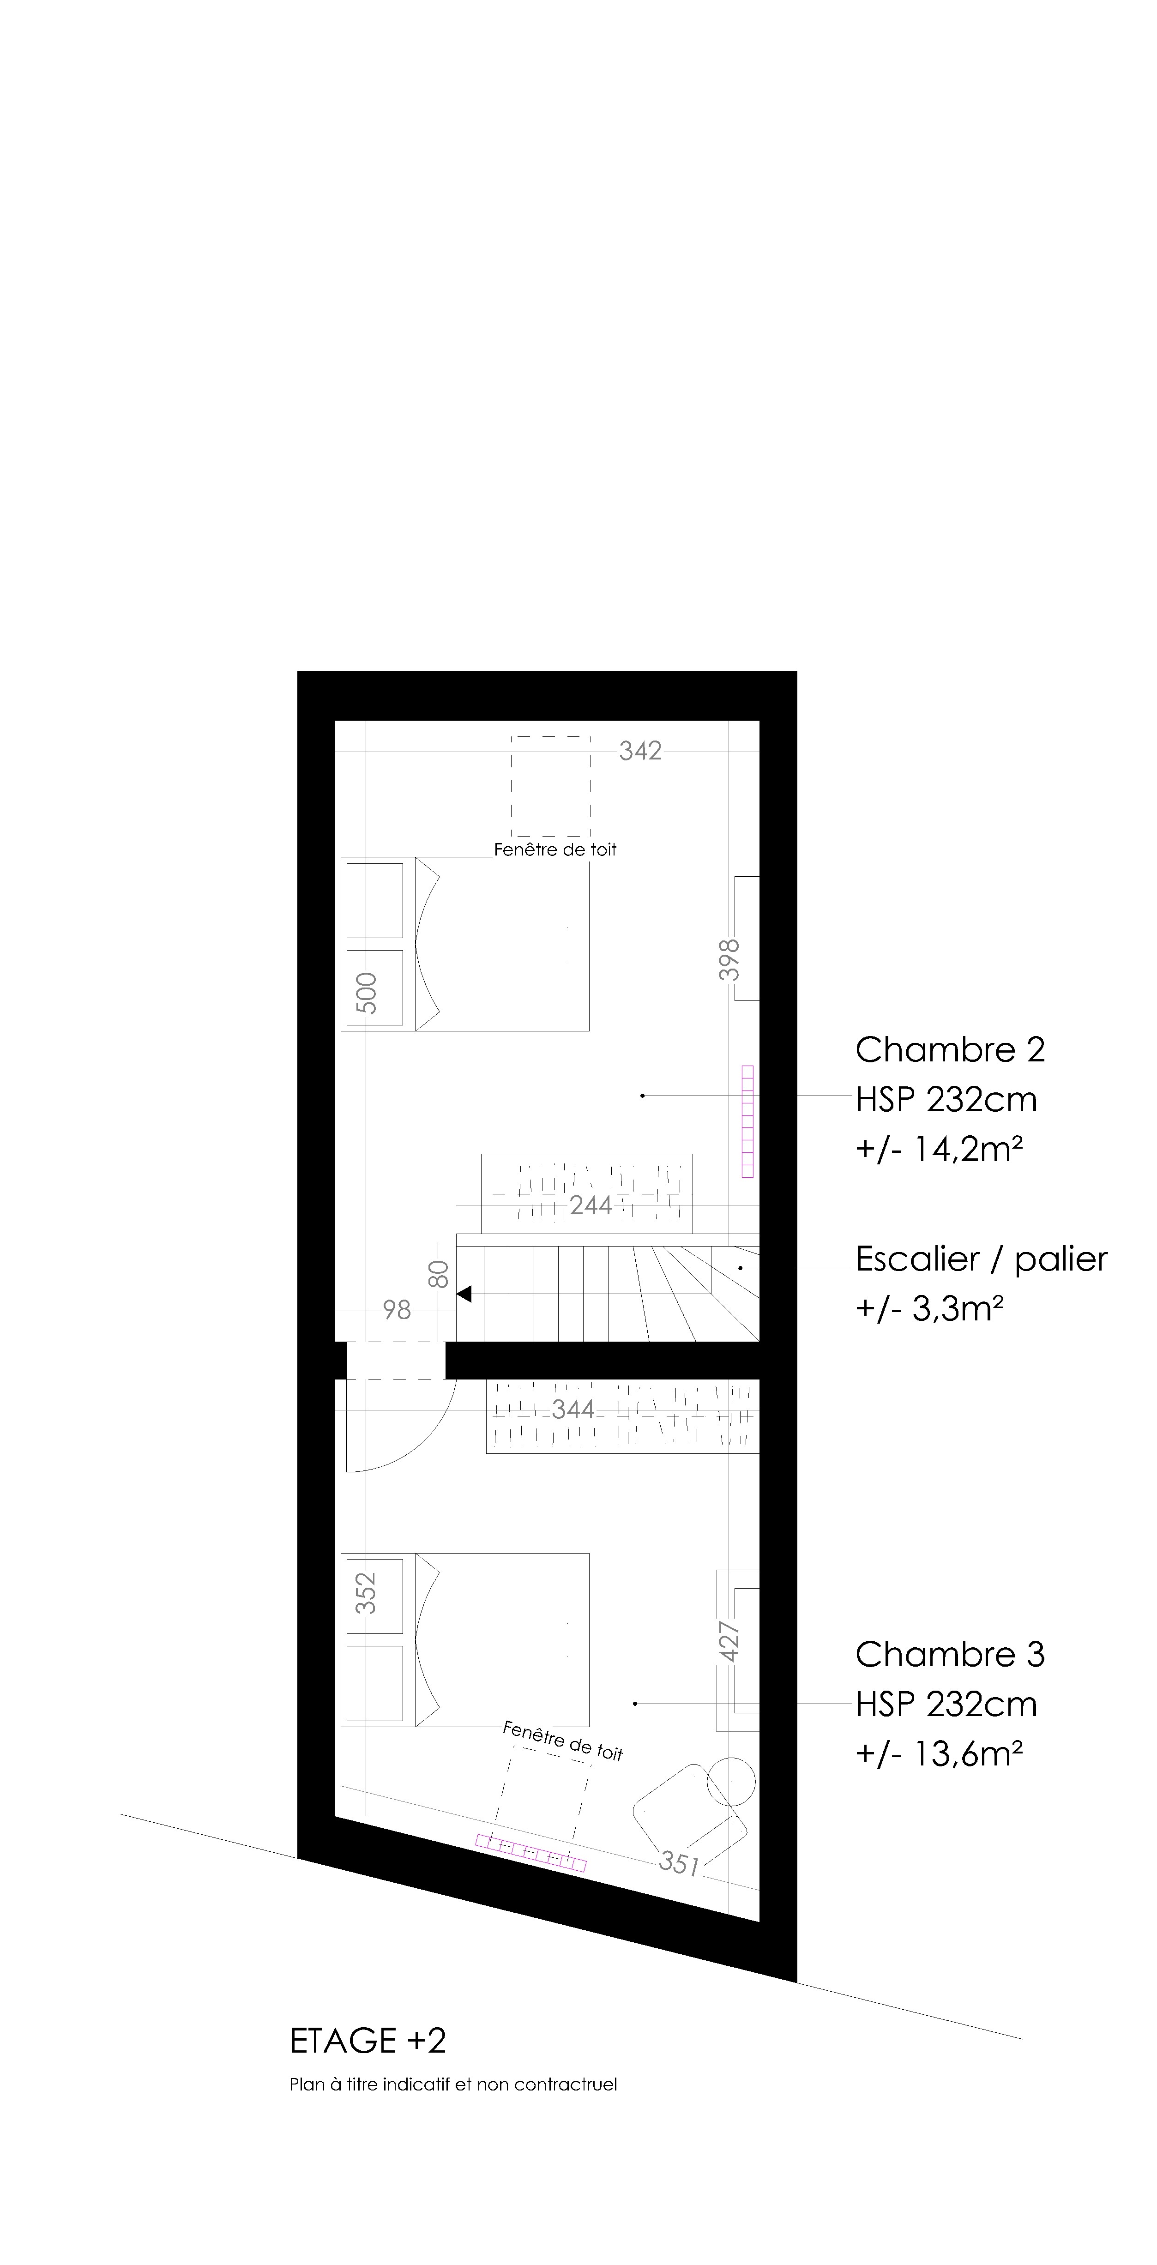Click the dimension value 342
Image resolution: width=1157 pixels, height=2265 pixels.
click(640, 751)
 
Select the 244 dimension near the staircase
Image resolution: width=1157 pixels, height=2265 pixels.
click(591, 1205)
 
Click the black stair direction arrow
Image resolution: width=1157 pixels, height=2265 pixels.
click(464, 1294)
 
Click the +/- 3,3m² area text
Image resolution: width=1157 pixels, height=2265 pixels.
click(930, 1309)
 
